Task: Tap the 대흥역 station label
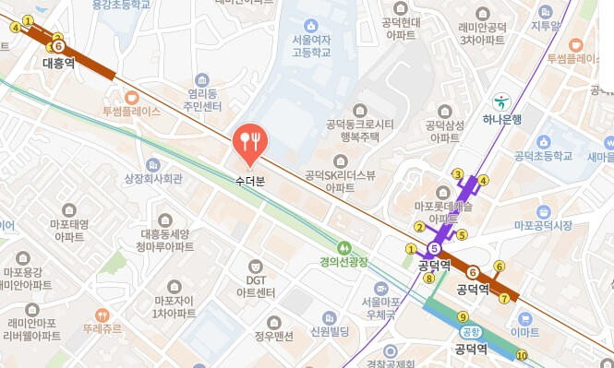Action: [x=58, y=63]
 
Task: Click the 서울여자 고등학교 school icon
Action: [x=310, y=25]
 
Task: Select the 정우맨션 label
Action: [x=273, y=337]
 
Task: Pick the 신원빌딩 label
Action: [x=330, y=331]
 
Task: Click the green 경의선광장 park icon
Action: [x=343, y=247]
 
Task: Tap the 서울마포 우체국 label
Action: [x=381, y=307]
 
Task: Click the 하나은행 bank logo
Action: [x=501, y=99]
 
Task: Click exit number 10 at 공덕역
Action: [x=523, y=356]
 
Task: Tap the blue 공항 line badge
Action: [x=471, y=332]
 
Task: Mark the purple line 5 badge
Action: [x=433, y=246]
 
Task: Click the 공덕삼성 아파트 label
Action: [x=443, y=131]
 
